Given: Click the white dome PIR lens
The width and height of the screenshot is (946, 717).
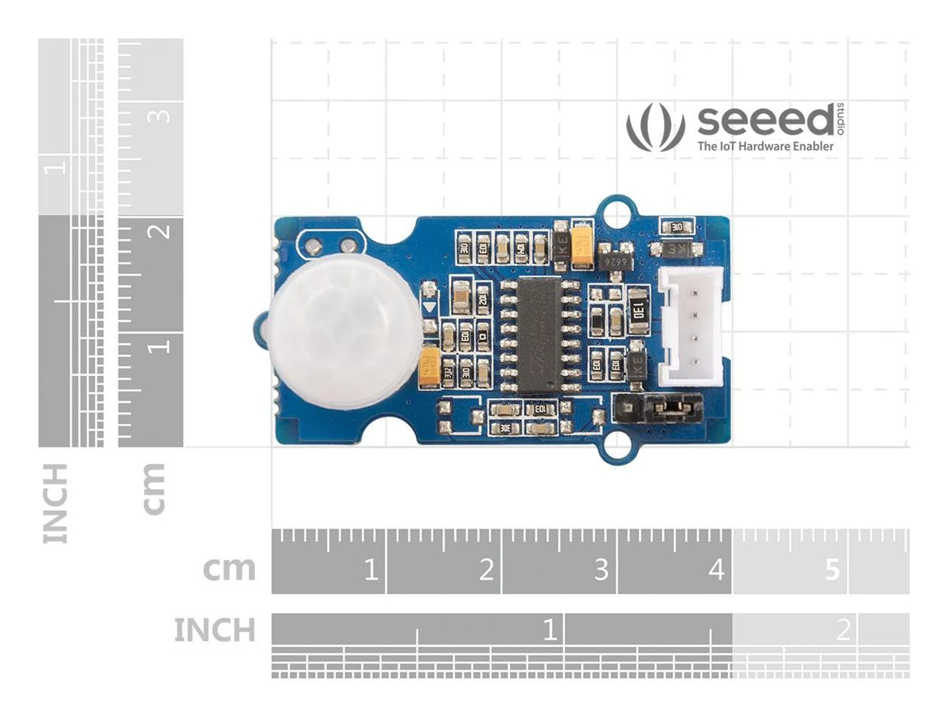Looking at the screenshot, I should (x=344, y=330).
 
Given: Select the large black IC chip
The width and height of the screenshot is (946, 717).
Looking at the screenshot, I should (x=539, y=334).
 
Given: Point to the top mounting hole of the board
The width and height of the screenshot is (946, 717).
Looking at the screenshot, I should (x=616, y=213).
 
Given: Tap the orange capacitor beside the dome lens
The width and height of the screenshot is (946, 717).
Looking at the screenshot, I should (x=430, y=366).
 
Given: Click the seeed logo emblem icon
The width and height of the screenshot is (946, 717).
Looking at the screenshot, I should (x=655, y=126).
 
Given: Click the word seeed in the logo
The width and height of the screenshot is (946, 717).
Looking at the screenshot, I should (x=764, y=121).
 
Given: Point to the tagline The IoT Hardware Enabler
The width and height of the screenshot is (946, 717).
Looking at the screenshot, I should (x=765, y=146).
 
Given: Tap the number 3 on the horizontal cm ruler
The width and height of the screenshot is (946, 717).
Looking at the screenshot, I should (x=600, y=569).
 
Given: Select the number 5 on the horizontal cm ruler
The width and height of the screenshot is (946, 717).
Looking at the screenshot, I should (x=831, y=569).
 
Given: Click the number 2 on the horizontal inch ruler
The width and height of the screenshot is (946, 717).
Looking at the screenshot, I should (x=843, y=629).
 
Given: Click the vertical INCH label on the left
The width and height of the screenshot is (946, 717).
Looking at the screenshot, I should (x=57, y=503).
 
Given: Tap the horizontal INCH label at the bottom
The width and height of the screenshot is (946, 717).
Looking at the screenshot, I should (x=215, y=630).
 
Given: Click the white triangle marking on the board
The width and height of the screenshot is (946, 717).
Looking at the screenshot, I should (x=429, y=308).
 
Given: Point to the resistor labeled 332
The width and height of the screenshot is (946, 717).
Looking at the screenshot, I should (x=448, y=372).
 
